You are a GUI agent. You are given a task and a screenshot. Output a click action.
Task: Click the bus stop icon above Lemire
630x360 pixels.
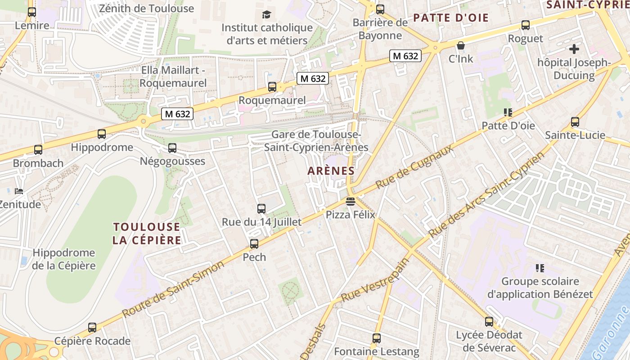coord(31,12)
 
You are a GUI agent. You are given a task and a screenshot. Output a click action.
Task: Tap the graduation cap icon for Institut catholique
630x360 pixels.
coord(267,14)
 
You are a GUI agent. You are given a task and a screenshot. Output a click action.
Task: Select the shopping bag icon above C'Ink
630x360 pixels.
coord(460,45)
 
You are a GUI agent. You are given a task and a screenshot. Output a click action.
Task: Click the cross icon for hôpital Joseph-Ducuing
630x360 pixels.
coord(574,49)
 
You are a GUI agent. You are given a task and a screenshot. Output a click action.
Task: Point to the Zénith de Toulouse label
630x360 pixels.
coord(146,9)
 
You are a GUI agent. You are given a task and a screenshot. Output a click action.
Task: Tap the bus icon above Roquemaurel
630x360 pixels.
coord(272,87)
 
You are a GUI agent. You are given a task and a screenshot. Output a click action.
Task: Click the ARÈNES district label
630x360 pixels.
coord(331,171)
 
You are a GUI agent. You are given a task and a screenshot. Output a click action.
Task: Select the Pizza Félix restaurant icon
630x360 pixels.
coord(351,201)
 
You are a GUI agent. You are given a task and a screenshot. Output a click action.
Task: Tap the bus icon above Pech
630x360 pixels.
coord(254,244)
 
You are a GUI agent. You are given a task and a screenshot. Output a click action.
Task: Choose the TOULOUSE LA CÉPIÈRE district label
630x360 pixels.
coord(147,233)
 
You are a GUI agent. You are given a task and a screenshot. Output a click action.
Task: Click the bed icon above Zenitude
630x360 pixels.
coord(19,192)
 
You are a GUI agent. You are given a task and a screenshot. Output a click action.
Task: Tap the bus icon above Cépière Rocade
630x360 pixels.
coord(92,328)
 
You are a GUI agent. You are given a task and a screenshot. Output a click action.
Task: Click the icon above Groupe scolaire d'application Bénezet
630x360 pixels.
coord(540,268)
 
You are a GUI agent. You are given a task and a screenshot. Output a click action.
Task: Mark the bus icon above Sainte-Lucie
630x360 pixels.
coord(575,121)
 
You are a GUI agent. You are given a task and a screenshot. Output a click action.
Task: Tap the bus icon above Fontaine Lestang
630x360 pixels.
coord(377,338)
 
